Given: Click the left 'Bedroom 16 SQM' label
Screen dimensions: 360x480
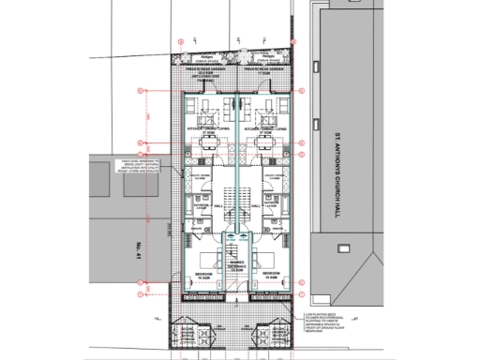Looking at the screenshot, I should [204, 277].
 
